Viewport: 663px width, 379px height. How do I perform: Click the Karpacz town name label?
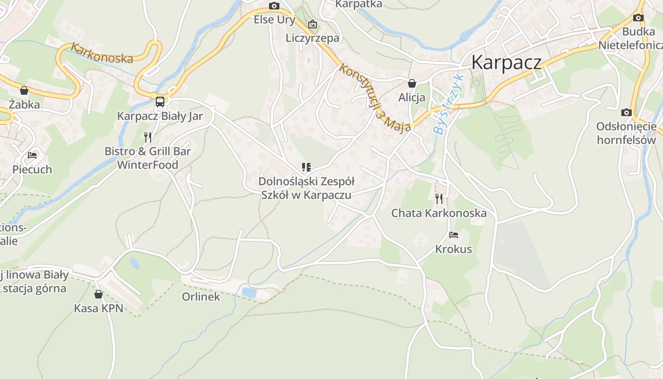pos(506,63)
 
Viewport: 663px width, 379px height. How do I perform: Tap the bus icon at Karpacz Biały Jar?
pos(160,101)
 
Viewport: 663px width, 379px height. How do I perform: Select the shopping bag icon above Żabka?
pos(24,90)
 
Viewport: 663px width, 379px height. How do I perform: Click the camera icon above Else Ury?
pos(274,6)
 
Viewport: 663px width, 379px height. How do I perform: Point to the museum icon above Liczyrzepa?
pos(313,24)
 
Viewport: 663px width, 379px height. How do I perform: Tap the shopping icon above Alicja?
pos(412,83)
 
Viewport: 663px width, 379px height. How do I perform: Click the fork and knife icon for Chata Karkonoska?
pos(439,199)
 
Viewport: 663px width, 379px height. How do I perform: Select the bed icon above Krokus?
pos(453,235)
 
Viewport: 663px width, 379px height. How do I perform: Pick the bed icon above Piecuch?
pos(32,155)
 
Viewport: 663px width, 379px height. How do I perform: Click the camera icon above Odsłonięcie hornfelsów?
pos(626,112)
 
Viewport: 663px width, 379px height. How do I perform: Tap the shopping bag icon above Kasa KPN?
pos(99,294)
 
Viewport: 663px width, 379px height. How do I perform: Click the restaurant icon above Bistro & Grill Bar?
pos(148,137)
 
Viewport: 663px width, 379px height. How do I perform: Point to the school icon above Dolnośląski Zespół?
pos(306,167)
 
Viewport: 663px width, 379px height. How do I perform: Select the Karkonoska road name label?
pos(102,53)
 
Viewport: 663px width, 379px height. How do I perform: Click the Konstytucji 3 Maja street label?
pos(374,97)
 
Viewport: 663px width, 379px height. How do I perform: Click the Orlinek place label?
pos(201,297)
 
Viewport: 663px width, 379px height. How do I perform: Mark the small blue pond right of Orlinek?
pos(249,292)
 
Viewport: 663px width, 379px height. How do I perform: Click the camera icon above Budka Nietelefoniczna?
pos(638,18)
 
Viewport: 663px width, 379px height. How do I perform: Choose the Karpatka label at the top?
pos(358,4)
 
